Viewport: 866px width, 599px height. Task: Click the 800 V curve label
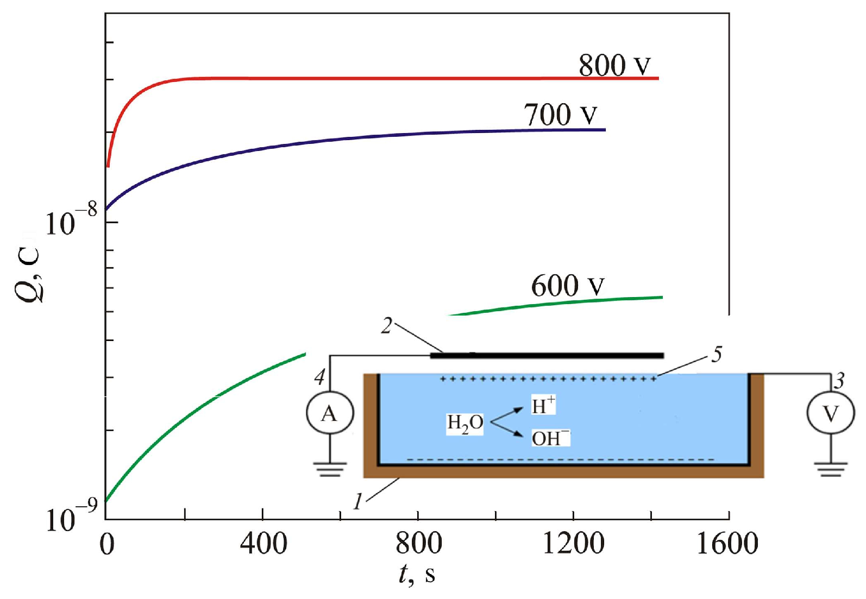click(x=614, y=66)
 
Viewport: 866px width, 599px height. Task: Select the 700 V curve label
click(x=560, y=115)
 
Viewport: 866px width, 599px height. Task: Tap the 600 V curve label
click(x=567, y=286)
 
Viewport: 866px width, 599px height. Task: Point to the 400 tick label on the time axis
click(x=263, y=544)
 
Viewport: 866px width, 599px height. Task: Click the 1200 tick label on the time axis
click(x=573, y=544)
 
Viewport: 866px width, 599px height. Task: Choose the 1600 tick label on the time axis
click(x=727, y=544)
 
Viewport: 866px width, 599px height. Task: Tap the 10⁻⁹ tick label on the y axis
click(x=71, y=516)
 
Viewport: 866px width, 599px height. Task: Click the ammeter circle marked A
click(x=330, y=414)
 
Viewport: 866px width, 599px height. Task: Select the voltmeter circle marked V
click(x=830, y=414)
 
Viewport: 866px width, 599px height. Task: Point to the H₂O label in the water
click(x=465, y=423)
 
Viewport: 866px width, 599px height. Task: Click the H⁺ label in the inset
click(x=543, y=405)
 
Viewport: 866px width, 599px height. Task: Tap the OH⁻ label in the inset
click(x=550, y=438)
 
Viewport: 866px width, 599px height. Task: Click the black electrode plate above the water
click(x=547, y=356)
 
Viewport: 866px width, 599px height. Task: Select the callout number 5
click(x=717, y=355)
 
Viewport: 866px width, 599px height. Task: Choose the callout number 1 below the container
click(x=357, y=501)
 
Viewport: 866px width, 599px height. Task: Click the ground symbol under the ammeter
click(x=330, y=469)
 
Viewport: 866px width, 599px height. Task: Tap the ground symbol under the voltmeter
click(x=830, y=469)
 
